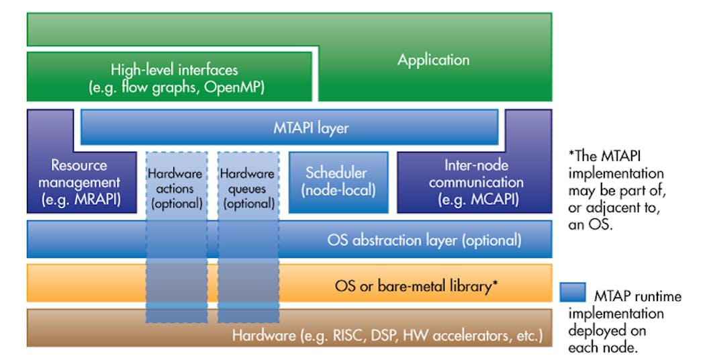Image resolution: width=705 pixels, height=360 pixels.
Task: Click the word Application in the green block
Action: (433, 60)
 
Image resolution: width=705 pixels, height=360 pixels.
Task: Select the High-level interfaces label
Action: (174, 69)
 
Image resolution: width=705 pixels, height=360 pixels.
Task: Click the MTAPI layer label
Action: (311, 128)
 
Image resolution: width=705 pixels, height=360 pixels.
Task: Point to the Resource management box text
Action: (79, 173)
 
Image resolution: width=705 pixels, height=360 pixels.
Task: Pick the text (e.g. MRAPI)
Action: (79, 199)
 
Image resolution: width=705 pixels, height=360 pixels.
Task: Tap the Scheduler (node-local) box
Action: (338, 181)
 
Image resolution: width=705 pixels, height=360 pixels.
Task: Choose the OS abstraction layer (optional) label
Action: (424, 240)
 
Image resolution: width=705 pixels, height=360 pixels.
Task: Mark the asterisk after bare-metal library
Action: (495, 285)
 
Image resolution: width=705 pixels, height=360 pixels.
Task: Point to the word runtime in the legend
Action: (658, 296)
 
